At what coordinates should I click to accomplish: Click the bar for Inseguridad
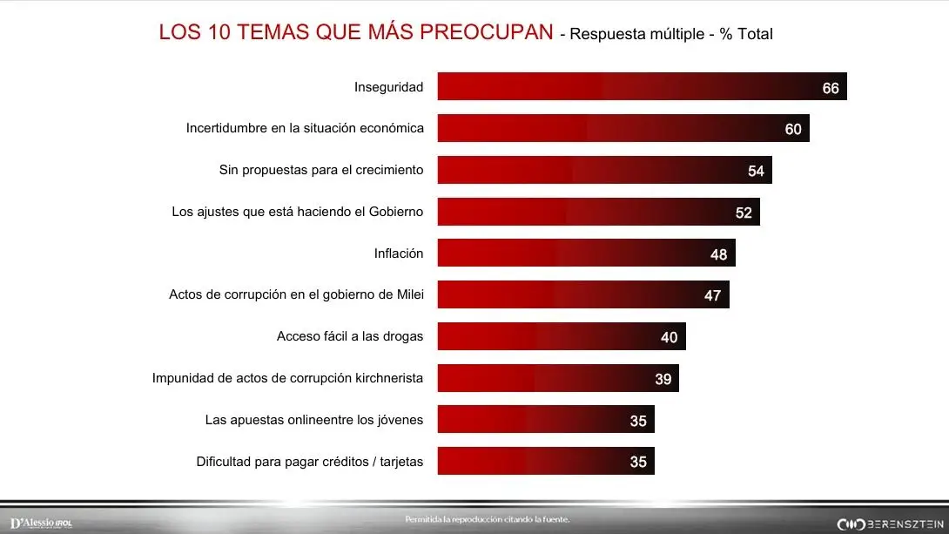click(x=642, y=87)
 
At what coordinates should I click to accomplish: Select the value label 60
click(x=793, y=129)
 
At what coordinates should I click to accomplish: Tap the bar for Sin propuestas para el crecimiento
click(x=604, y=171)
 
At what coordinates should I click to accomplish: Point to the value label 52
click(x=744, y=213)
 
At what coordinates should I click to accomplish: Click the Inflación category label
click(x=399, y=253)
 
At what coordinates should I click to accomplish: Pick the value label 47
click(x=713, y=296)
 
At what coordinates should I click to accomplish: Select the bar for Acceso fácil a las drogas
click(x=562, y=336)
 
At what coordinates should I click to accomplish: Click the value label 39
click(x=663, y=379)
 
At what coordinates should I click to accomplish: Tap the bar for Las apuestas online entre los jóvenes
click(x=546, y=420)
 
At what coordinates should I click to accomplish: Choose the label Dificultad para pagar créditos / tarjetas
click(x=310, y=462)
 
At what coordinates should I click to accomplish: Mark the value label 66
click(x=831, y=88)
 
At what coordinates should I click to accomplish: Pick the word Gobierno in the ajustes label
click(x=394, y=212)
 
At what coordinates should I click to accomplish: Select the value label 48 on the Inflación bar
click(x=719, y=254)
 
